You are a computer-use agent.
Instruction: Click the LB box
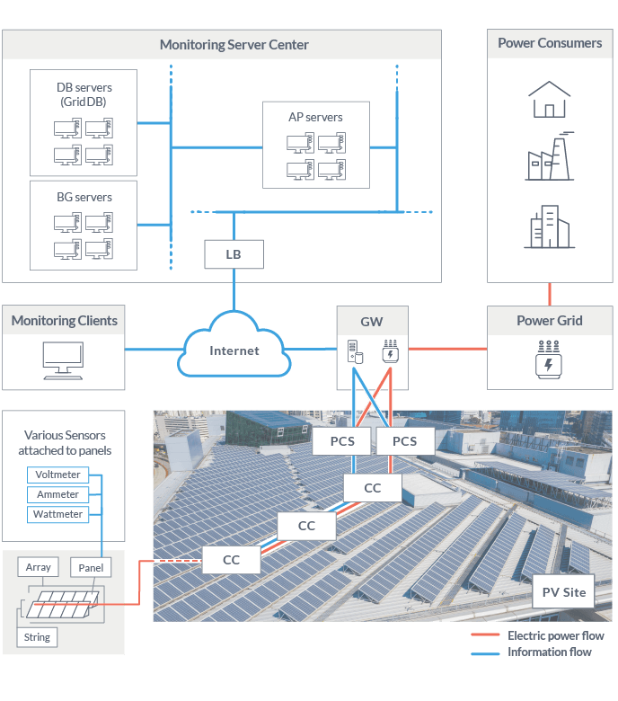click(x=234, y=254)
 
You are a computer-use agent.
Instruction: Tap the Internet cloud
click(x=234, y=350)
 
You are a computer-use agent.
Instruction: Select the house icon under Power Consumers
click(x=549, y=100)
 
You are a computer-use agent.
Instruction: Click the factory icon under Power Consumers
click(x=549, y=158)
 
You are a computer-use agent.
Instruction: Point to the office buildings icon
click(x=549, y=226)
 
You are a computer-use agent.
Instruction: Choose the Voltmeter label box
click(x=58, y=475)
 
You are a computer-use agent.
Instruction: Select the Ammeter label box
click(x=58, y=494)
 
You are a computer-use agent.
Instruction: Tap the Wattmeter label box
click(x=58, y=514)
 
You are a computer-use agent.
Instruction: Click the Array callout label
click(x=39, y=567)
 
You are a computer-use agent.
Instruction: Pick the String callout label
click(x=37, y=637)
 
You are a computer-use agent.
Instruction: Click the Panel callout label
click(x=91, y=567)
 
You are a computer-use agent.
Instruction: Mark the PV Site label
click(x=564, y=592)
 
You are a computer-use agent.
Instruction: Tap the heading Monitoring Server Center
click(x=234, y=44)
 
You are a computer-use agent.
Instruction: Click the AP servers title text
click(x=315, y=117)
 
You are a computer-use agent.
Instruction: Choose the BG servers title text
click(x=84, y=197)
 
